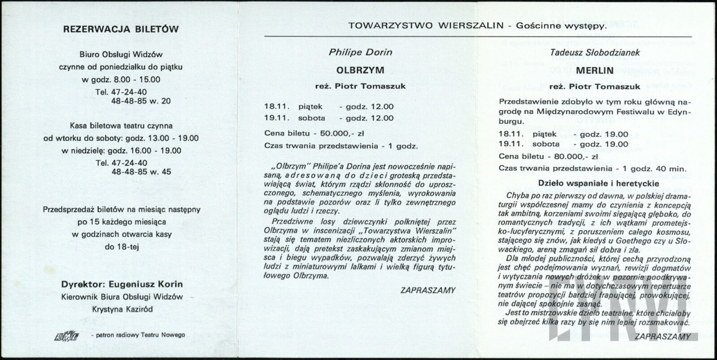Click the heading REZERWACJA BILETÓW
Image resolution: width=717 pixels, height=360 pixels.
point(121,30)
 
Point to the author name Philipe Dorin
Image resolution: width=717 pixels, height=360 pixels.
point(360,52)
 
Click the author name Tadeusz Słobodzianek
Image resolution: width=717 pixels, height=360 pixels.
point(595,52)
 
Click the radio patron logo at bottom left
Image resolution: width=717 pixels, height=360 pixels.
point(67,335)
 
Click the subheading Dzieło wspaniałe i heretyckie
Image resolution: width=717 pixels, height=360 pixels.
point(594,183)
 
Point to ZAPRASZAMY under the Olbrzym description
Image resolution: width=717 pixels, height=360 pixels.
point(428,290)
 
